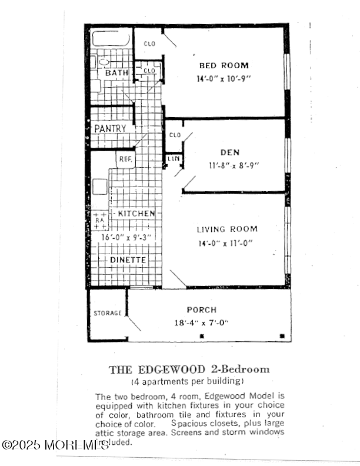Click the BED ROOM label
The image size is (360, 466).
224,66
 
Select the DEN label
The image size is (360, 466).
230,152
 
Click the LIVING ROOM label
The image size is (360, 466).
227,229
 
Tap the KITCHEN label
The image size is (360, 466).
136,214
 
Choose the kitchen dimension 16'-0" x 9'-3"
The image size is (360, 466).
126,237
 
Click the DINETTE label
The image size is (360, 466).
128,259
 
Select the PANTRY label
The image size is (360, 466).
110,128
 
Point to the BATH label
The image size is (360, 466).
116,73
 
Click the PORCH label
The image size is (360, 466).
202,309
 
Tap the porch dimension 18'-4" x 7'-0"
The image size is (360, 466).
202,322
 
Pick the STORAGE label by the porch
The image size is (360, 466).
108,313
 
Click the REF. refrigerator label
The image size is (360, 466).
125,159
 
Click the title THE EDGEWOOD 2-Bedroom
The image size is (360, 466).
189,370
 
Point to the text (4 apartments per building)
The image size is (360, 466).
189,381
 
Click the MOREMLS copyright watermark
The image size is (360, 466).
56,445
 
